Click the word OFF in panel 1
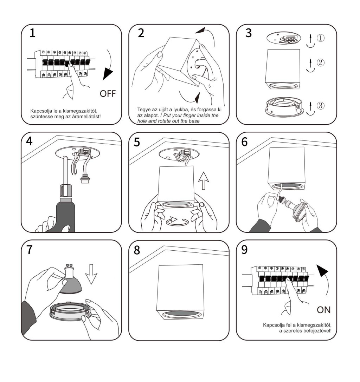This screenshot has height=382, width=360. coord(108,93)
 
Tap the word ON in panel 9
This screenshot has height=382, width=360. coord(324,310)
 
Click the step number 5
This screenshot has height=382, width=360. coord(137,142)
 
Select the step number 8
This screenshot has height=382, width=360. coord(137,250)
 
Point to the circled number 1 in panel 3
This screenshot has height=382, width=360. coord(321,38)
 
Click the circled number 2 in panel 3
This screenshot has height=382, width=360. coord(321,62)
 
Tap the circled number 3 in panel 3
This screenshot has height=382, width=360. coord(321,105)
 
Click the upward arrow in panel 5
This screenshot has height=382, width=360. coord(204,180)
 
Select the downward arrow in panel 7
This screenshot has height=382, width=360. coord(91,274)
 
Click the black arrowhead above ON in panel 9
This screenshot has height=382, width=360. coord(322,270)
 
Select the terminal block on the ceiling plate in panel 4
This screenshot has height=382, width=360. coord(84,152)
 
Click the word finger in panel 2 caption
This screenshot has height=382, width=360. coord(186,116)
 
